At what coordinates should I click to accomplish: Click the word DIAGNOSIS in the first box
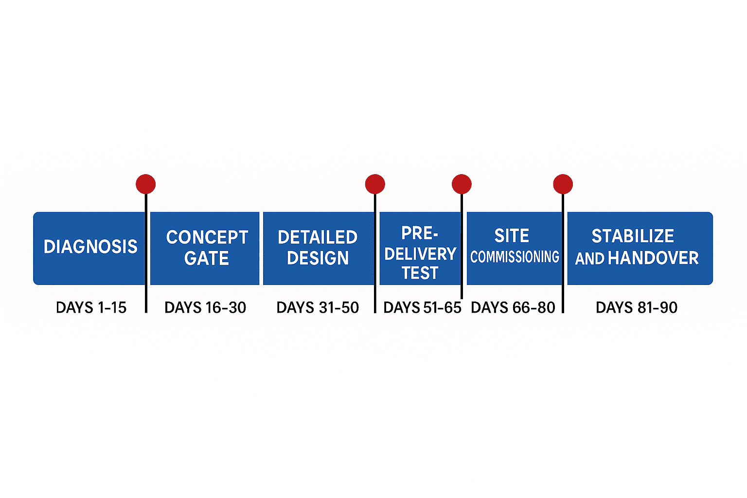coord(90,247)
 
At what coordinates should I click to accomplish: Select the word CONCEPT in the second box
coord(207,237)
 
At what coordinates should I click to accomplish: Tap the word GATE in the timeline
coord(207,258)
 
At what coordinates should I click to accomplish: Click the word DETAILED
coord(318,237)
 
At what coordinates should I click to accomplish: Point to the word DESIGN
coord(318,258)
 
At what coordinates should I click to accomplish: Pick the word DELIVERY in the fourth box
coord(420,254)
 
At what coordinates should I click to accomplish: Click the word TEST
coord(420,273)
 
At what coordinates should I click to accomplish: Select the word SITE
coord(512,236)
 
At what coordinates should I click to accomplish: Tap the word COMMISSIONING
coord(515,256)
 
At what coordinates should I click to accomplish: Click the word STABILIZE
coord(633,236)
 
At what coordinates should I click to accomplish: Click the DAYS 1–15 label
coord(91,307)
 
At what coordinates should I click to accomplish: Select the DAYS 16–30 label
coord(205,307)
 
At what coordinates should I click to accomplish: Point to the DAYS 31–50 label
coord(318,307)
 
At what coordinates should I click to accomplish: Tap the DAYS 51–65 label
coord(422,307)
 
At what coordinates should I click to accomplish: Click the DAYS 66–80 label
coord(513,307)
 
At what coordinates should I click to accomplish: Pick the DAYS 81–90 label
coord(636,307)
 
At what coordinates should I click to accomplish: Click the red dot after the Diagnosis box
coord(146,184)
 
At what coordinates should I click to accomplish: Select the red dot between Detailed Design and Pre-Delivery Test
coord(375,184)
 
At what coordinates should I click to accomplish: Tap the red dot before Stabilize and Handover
coord(563,184)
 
